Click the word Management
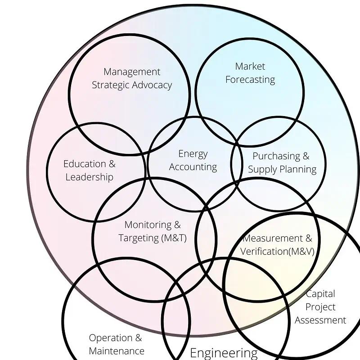132,72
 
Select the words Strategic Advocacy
132,85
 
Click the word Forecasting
250,80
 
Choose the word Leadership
89,177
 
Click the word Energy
193,154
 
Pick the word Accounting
193,167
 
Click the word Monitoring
148,225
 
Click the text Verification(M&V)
277,251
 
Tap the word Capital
320,294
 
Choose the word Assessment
320,320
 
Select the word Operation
109,338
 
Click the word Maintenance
117,351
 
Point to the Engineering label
224,353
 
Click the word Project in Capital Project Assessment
320,307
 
